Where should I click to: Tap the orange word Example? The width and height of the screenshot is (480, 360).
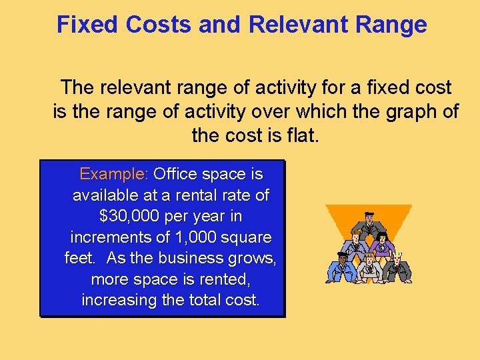coord(112,175)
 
